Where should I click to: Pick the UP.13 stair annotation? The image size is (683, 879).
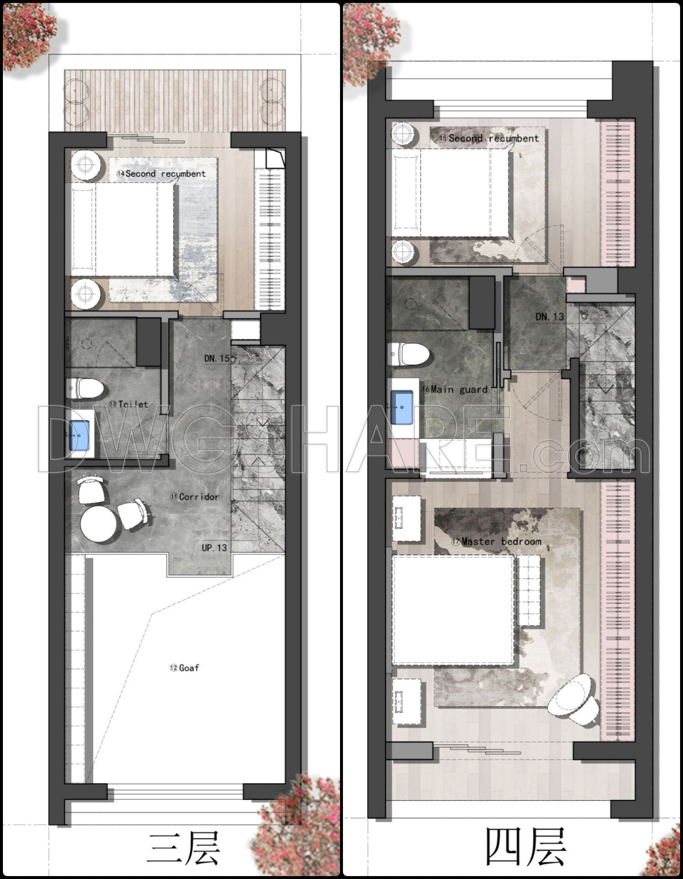point(214,548)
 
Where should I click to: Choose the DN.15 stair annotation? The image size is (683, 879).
point(217,358)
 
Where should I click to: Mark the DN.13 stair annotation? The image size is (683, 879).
point(549,317)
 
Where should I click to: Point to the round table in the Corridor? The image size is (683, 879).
point(99,523)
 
